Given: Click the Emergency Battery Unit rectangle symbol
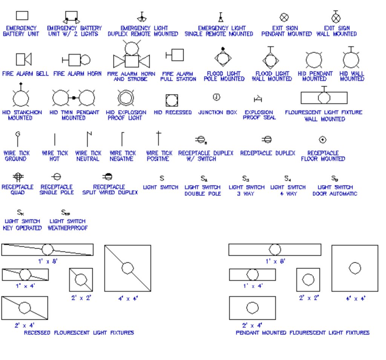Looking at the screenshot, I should coord(22,15).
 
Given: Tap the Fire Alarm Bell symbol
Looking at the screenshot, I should coord(23,59).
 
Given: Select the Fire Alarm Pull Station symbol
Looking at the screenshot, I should coord(175,55).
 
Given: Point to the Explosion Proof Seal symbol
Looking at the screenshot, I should coord(258,99).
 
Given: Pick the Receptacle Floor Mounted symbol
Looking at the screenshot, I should coord(322,140).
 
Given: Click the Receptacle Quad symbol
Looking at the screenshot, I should coord(17,177).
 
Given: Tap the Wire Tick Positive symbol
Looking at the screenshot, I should coord(159,138).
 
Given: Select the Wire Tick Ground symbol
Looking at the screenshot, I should coord(17,138).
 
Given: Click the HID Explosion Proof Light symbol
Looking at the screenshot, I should coord(126,98).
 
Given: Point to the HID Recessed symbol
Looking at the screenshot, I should coord(172,100).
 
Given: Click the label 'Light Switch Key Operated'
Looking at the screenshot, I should coord(22,225).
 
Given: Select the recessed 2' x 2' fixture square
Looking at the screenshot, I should coord(81,280).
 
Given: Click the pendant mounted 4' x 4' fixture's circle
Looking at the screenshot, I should coord(355,268).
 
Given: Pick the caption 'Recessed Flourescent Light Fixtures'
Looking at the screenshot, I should coord(79,333).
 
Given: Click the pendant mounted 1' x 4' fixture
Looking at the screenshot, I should coord(252,274).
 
